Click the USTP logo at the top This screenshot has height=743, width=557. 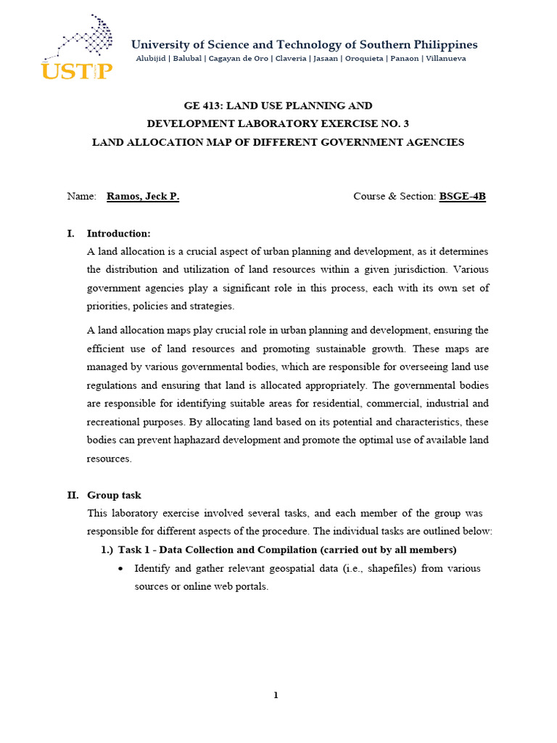[76, 46]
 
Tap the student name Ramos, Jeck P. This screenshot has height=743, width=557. [143, 197]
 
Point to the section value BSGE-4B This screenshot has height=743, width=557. [462, 197]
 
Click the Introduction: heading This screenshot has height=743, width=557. [119, 234]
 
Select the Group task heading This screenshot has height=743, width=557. [114, 495]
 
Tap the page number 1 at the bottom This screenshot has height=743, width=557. [276, 695]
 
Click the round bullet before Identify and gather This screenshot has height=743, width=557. [120, 568]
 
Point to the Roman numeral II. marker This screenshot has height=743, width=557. [73, 495]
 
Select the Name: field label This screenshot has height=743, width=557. [81, 197]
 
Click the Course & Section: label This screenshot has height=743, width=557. [395, 197]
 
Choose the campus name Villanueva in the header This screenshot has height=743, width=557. [445, 58]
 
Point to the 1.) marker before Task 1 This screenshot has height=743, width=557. [107, 549]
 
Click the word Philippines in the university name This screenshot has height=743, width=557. [443, 45]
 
